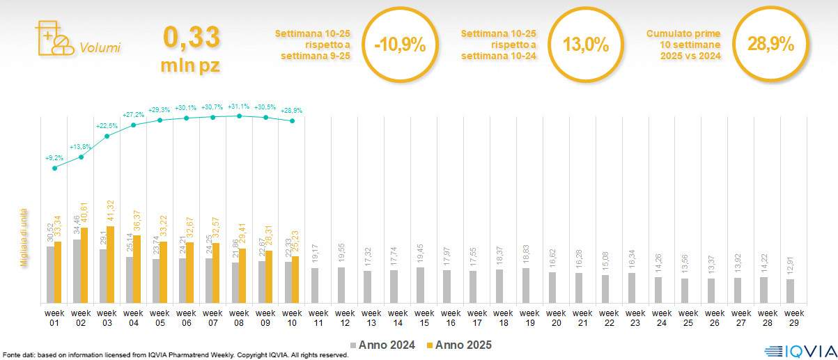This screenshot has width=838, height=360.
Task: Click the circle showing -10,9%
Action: pyautogui.click(x=399, y=45)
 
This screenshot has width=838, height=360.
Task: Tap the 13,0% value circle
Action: pyautogui.click(x=585, y=45)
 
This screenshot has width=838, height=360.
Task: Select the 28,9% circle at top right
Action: pyautogui.click(x=770, y=45)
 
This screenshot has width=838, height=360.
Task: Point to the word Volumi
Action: pyautogui.click(x=100, y=48)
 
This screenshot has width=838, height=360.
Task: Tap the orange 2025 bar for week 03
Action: pyautogui.click(x=111, y=265)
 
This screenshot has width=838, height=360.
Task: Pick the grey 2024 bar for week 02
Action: pyautogui.click(x=77, y=271)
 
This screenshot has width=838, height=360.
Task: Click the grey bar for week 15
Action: pyautogui.click(x=420, y=285)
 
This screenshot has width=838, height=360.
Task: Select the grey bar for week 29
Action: pyautogui.click(x=790, y=290)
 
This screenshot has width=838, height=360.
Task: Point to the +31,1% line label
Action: pyautogui.click(x=239, y=107)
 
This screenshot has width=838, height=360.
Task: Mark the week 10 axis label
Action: pyautogui.click(x=292, y=318)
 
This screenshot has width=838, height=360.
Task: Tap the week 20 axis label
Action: pyautogui.click(x=556, y=318)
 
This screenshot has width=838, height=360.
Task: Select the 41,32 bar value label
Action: pyautogui.click(x=110, y=212)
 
